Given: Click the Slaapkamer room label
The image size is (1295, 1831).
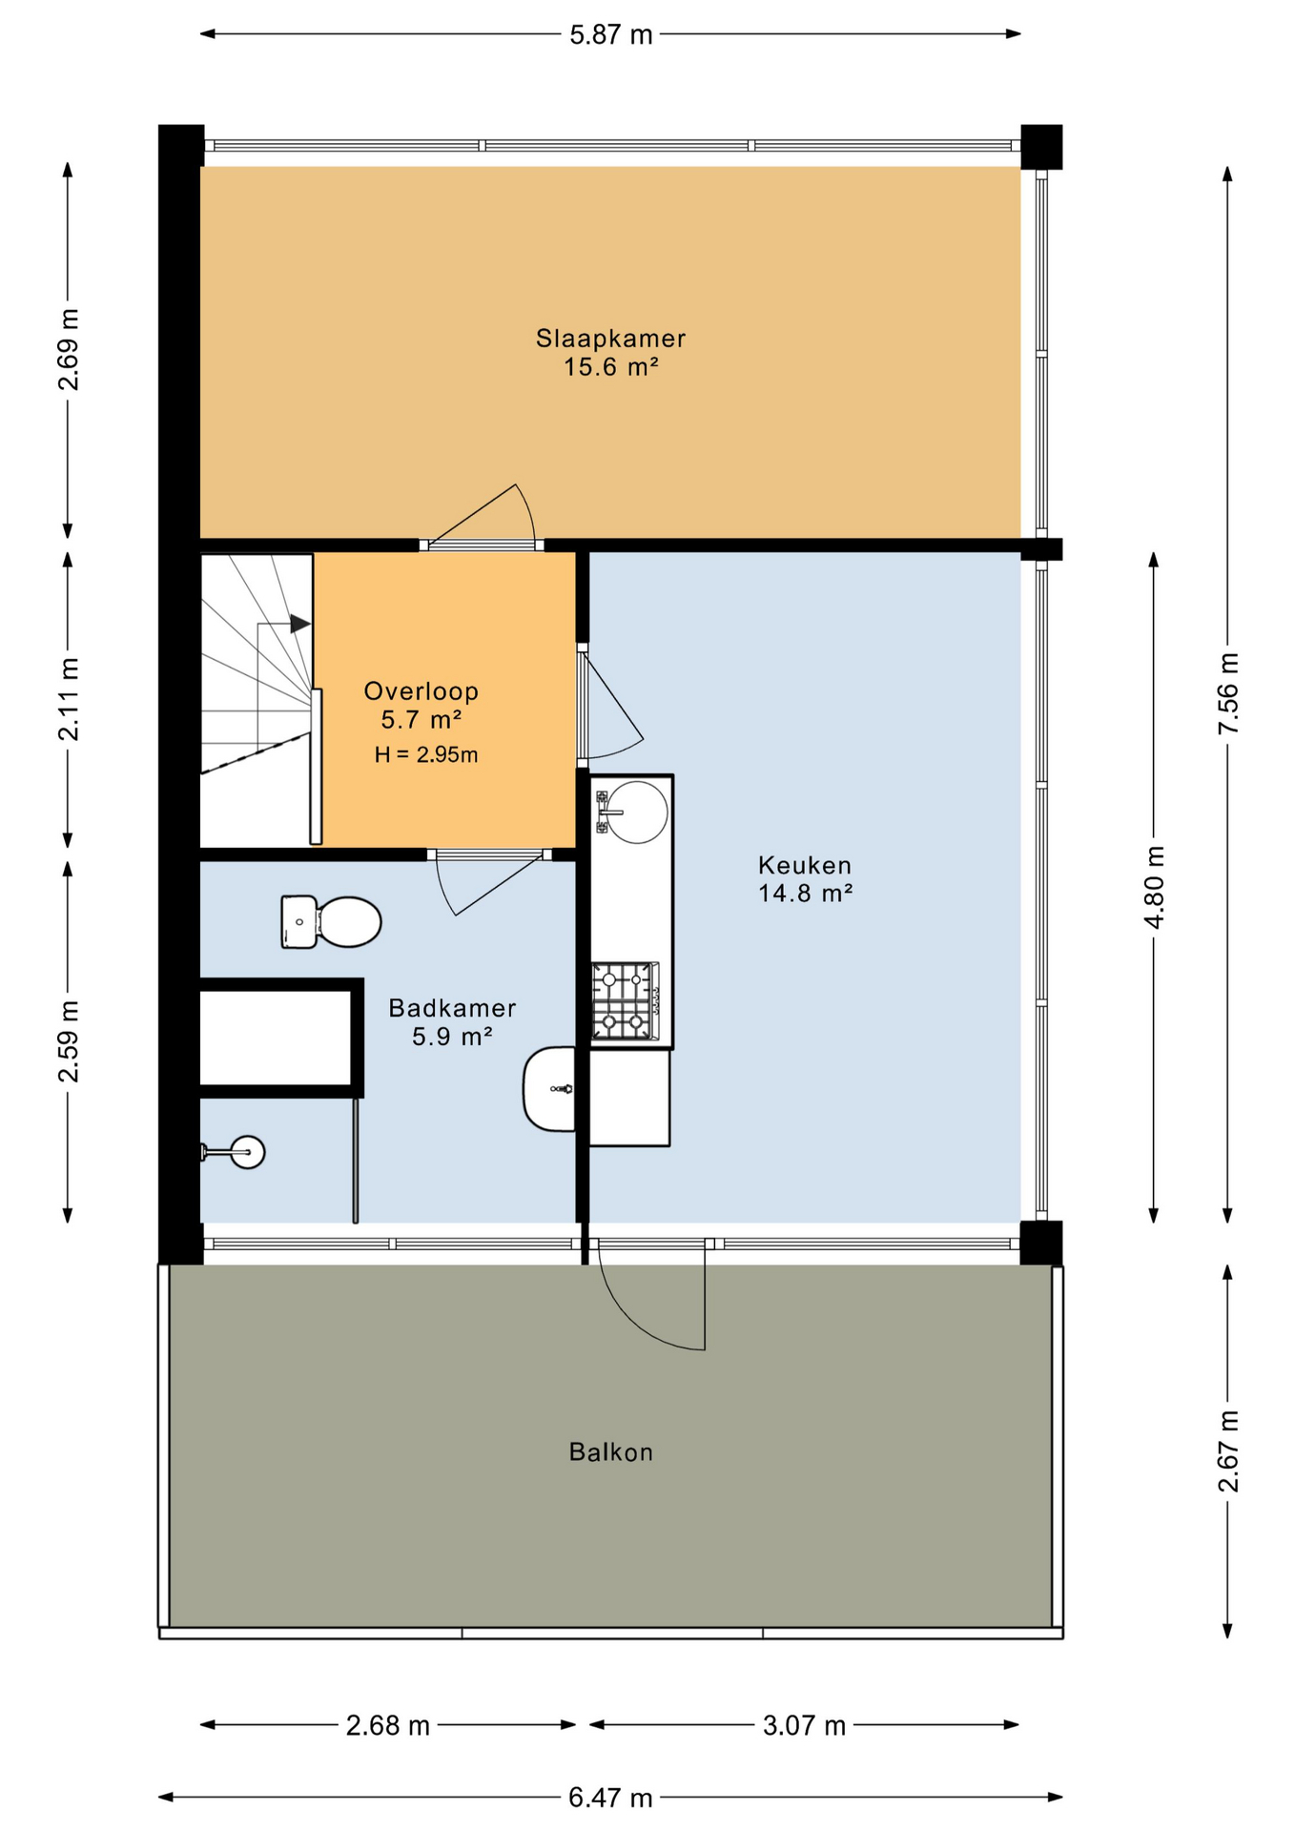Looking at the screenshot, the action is [610, 339].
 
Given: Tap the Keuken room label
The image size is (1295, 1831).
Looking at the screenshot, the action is [805, 865].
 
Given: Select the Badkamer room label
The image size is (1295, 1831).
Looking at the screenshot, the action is [452, 1008].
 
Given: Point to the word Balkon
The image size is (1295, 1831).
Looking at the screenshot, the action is [610, 1452].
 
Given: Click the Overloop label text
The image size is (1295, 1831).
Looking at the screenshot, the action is [421, 691].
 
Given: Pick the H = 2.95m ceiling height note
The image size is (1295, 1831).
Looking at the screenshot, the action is [426, 755].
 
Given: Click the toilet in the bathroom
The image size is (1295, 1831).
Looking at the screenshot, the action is [331, 922].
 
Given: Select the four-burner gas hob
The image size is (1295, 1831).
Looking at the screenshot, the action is [625, 1000].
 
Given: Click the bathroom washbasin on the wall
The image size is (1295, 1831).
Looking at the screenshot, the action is [550, 1089].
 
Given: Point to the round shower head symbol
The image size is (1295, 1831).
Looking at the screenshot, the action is [248, 1152].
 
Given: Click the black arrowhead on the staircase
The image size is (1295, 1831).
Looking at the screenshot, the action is [300, 625].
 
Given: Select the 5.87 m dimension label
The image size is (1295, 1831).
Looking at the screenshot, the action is [610, 35].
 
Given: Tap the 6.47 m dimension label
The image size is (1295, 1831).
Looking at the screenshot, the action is [610, 1798].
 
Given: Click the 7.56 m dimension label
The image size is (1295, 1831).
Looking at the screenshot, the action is [1228, 693].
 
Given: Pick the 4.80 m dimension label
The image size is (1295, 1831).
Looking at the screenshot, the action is [1154, 887].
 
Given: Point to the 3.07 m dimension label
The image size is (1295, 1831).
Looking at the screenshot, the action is [804, 1725].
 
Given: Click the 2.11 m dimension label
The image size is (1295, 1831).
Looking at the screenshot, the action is [69, 699].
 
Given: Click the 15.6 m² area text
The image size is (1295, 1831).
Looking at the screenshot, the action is [610, 367].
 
